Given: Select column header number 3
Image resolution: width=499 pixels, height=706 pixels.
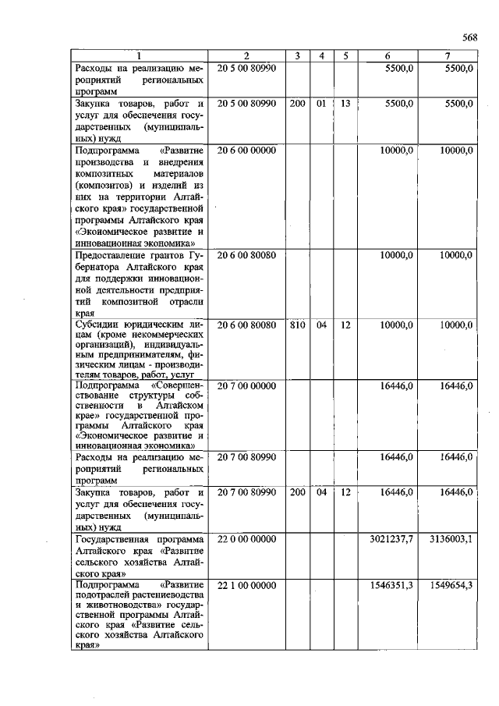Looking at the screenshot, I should tap(297, 55).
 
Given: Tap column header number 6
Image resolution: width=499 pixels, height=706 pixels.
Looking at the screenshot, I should tap(387, 55).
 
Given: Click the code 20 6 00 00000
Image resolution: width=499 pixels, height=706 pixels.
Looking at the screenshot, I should tap(246, 150).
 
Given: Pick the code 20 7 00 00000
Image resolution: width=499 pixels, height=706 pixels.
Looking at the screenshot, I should tap(246, 385).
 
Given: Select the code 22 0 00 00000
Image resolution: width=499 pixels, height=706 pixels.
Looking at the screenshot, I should tap(246, 540).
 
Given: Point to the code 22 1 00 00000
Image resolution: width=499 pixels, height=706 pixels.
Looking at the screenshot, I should tap(246, 585).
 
